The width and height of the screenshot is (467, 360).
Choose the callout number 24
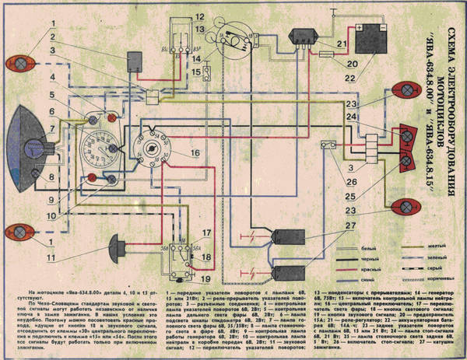tap(352, 117)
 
